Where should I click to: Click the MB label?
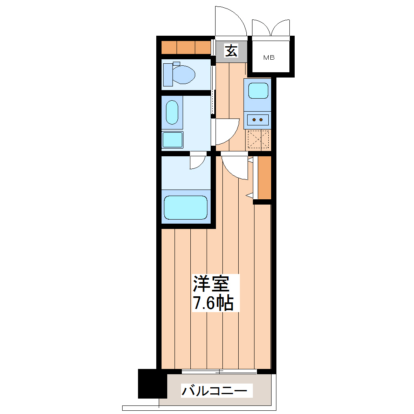coord(269,58)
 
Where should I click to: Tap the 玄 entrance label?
coord(231,51)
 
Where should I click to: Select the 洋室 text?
coord(211,284)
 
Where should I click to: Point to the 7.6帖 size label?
coord(213,303)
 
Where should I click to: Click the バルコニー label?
coord(214,391)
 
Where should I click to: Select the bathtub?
coord(185,207)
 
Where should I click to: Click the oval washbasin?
coord(172,112)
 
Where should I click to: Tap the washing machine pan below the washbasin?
coord(172,140)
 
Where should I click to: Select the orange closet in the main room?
coord(264,177)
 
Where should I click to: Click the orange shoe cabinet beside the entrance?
coord(186,47)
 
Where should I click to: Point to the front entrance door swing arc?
coord(231,21)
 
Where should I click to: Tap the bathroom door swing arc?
coord(198,161)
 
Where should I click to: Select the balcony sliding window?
coord(219,371)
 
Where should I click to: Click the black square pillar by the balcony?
coord(152,384)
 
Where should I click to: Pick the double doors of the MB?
coord(271,28)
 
